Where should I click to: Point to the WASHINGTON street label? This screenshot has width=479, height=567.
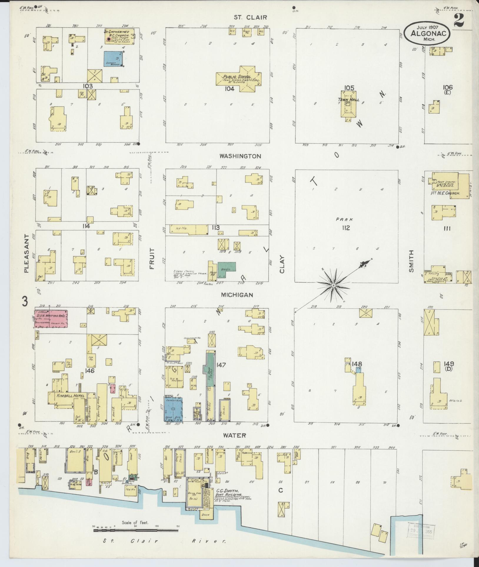[x=240, y=156]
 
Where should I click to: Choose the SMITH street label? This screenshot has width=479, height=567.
[x=411, y=261]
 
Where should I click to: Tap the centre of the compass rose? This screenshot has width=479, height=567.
[x=333, y=285]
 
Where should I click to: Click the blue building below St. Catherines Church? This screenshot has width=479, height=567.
[x=113, y=59]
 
